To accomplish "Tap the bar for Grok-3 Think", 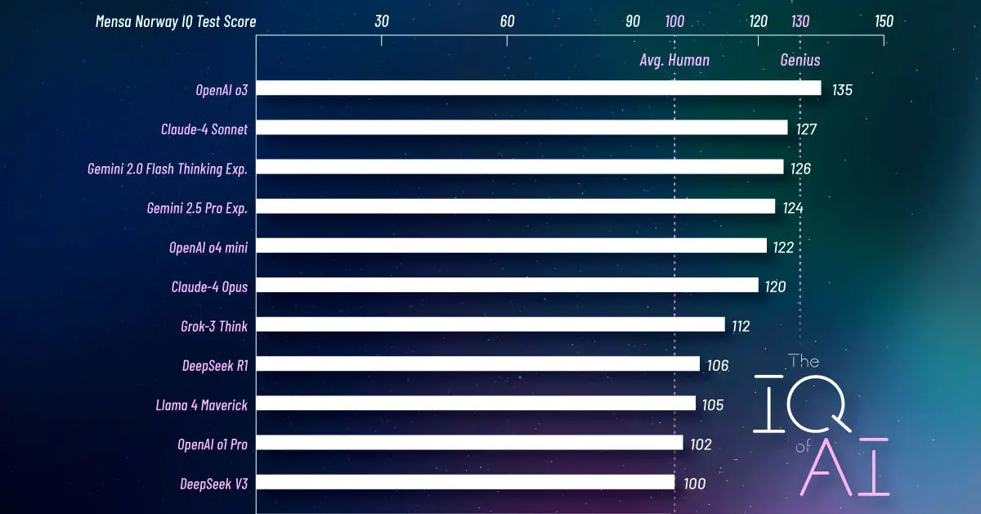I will [x=490, y=325].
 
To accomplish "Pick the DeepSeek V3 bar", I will [x=465, y=483].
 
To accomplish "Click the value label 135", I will [x=842, y=89].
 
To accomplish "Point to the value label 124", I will [x=793, y=208].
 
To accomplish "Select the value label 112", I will [x=741, y=327].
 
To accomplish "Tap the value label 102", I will [x=701, y=445].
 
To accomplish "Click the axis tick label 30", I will [x=382, y=21].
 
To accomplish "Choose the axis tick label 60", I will [x=507, y=21].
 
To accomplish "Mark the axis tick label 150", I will [x=884, y=21].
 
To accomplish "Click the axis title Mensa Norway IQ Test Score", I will [x=176, y=22].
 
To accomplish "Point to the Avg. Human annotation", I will [x=674, y=60].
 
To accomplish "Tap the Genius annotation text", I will [x=800, y=60].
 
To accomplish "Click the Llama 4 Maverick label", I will [x=201, y=404].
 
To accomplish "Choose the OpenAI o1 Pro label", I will [x=213, y=444].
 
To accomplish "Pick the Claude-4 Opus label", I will [x=209, y=286].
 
